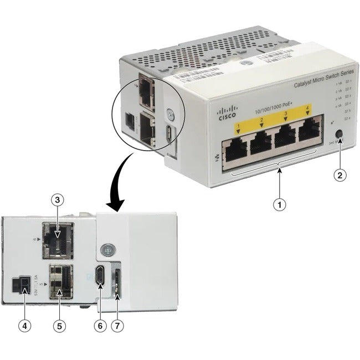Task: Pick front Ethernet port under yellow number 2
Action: [x=263, y=146]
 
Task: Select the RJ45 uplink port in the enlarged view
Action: [x=58, y=239]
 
